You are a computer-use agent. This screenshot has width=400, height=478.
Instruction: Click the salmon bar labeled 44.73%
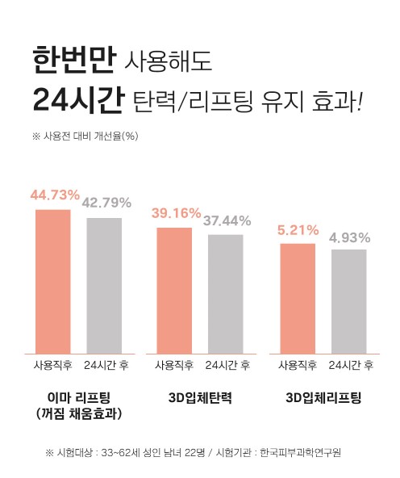coord(53,282)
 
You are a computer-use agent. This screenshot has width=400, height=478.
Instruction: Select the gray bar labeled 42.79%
coord(104,286)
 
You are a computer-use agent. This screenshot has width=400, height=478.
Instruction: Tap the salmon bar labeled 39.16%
coord(174,291)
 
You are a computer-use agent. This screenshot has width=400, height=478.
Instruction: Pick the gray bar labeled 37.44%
coord(226,294)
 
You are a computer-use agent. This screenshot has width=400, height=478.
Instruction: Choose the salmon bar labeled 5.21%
coord(298,299)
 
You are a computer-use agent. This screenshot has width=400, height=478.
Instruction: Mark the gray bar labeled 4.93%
coord(349,302)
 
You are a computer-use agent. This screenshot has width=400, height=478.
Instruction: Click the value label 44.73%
coord(55,195)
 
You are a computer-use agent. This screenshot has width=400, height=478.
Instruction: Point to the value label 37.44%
coord(227,220)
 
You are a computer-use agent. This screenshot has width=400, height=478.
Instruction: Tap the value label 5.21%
coord(298,230)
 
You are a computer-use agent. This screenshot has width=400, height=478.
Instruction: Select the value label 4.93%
coord(349,237)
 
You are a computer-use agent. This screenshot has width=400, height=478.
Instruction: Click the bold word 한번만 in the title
coord(74,60)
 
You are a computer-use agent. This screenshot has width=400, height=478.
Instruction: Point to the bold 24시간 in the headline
coord(78,99)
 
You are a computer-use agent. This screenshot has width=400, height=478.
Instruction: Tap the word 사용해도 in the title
coord(168,61)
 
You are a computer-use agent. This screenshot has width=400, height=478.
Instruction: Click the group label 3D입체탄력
coord(200,398)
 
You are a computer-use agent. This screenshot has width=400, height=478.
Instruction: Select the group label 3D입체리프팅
coord(323,398)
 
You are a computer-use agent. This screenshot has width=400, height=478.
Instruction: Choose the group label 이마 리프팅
coord(79,398)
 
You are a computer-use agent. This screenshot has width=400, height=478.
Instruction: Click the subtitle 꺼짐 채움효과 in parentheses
coord(79,413)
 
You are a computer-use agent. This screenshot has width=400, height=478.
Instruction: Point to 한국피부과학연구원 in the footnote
coord(300,452)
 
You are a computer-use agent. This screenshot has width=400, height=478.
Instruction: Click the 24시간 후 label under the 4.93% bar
coord(351,365)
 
